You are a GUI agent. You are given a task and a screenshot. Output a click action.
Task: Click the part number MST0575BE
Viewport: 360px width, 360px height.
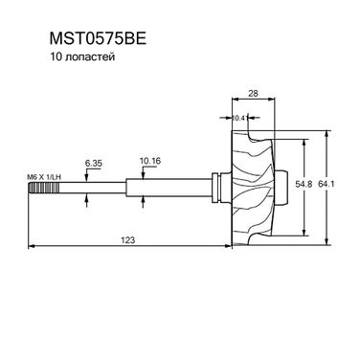tap(98, 39)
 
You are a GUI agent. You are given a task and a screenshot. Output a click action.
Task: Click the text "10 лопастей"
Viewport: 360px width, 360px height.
tap(82, 57)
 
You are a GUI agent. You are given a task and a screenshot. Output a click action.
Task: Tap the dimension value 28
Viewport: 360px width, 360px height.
tap(253, 93)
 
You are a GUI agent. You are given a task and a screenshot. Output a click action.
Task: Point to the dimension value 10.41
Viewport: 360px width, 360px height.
tap(240, 118)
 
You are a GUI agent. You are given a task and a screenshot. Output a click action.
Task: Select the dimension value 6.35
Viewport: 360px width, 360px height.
tap(94, 164)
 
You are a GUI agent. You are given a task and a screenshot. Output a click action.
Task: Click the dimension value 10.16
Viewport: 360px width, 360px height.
tap(150, 161)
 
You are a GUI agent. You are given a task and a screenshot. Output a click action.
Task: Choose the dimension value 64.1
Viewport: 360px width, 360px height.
tap(326, 184)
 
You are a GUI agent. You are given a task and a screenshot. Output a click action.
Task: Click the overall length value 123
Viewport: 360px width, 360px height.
tap(128, 239)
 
